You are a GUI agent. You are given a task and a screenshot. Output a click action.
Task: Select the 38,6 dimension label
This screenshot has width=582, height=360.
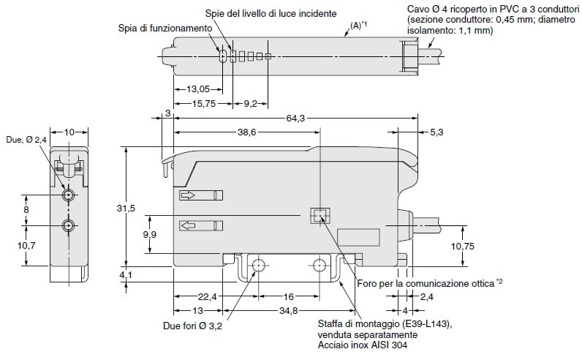tap(249, 133)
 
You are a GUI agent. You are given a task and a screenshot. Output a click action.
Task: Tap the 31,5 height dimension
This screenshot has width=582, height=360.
tap(126, 209)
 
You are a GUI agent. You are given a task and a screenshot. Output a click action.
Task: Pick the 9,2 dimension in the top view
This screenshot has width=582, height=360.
tap(250, 104)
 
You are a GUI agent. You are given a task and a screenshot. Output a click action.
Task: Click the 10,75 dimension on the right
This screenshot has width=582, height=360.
tap(462, 247)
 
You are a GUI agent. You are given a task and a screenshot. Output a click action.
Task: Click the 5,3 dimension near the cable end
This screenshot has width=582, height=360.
tap(437, 133)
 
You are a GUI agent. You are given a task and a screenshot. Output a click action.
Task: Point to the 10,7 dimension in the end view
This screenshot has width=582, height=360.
tap(26, 245)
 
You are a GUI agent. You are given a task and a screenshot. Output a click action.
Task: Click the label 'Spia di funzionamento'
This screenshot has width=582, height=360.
tap(165, 28)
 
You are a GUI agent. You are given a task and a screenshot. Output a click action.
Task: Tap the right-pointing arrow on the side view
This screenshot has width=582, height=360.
tap(188, 196)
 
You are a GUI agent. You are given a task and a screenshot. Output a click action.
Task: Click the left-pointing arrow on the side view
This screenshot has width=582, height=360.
tap(188, 225)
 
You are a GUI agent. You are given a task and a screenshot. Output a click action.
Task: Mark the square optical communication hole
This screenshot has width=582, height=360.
tap(320, 215)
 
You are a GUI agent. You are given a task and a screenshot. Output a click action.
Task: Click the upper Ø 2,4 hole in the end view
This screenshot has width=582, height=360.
tap(68, 196)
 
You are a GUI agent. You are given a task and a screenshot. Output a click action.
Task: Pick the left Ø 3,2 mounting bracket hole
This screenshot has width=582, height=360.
tap(257, 266)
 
